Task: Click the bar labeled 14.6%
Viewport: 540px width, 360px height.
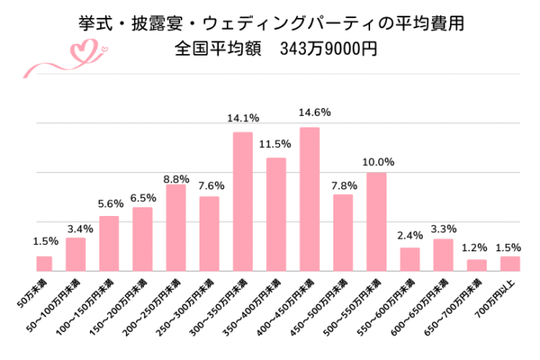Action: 310,199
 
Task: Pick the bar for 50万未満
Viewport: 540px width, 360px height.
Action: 43,263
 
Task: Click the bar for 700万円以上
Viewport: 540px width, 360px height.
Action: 510,263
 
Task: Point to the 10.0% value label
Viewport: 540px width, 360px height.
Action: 377,162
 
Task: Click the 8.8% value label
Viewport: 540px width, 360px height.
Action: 176,178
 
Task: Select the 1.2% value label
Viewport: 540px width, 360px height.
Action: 477,248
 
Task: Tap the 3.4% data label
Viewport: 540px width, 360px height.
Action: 76,229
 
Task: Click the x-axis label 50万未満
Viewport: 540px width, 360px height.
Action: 31,291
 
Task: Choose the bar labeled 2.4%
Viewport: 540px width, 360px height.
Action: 410,259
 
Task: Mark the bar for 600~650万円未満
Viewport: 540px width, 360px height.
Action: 444,254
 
